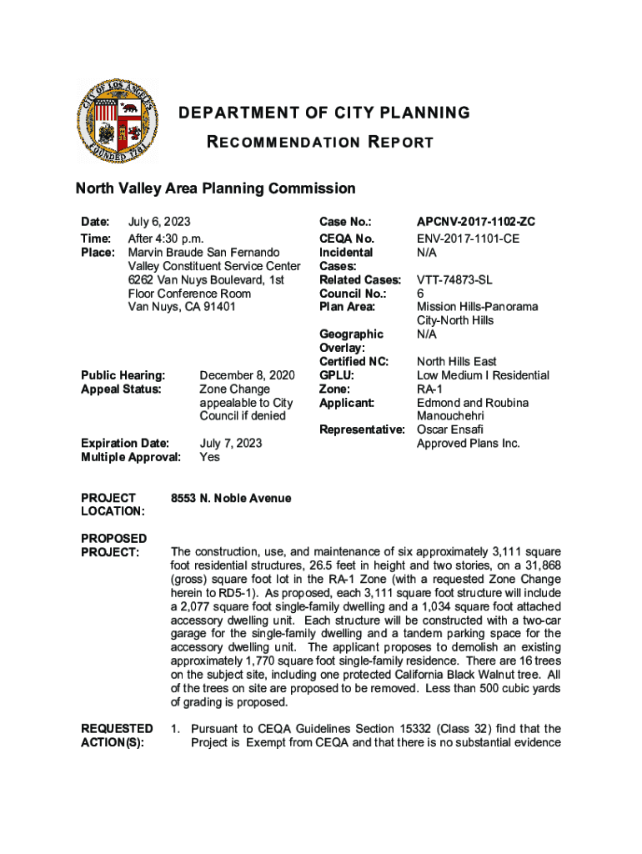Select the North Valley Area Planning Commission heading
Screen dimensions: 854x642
(x=216, y=188)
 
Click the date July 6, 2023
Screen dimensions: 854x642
(x=159, y=222)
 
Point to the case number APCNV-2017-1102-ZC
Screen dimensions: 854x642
(x=475, y=222)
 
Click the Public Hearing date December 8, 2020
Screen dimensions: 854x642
(x=247, y=375)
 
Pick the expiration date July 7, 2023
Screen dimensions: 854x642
(x=231, y=444)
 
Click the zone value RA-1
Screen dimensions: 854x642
(x=430, y=389)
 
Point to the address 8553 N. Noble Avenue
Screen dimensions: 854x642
(x=231, y=499)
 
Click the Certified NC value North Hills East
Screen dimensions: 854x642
(x=457, y=362)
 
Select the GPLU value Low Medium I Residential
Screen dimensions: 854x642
(x=483, y=375)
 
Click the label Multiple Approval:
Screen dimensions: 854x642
(x=130, y=457)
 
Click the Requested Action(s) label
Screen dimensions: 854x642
(x=117, y=736)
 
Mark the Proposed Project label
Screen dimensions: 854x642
(x=113, y=545)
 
